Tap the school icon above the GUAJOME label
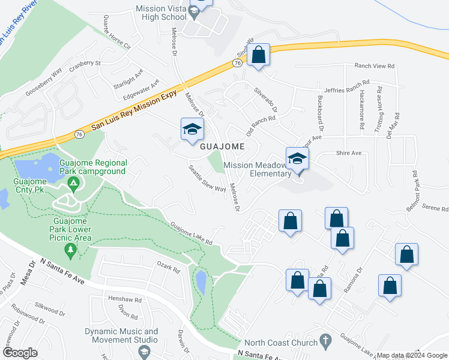[193, 130]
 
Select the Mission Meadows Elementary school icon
[297, 159]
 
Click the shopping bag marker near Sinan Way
[259, 55]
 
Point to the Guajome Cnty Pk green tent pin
[73, 182]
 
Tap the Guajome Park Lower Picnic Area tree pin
[71, 250]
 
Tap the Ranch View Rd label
[375, 66]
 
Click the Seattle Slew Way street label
[207, 179]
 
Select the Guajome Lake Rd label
[191, 233]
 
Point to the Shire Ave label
[348, 153]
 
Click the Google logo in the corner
[20, 353]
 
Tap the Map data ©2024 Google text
[412, 355]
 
